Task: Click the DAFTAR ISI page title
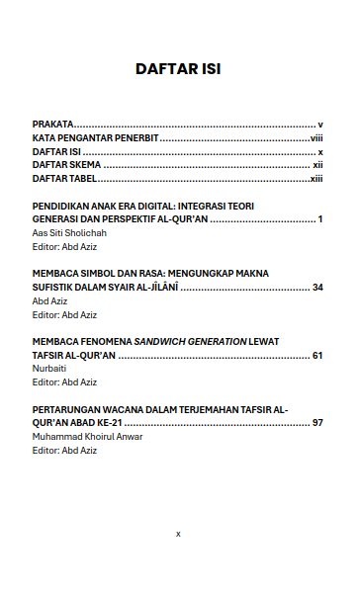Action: click(x=178, y=70)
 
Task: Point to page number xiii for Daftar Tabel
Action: click(x=316, y=181)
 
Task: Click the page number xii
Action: click(x=318, y=167)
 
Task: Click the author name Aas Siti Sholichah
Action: click(x=69, y=232)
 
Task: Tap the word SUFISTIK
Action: click(x=57, y=287)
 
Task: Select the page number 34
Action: click(x=317, y=287)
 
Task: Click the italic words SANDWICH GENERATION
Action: click(x=192, y=341)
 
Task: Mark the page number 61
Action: click(x=317, y=355)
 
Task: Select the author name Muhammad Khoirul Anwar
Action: click(x=87, y=436)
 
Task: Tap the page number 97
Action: click(x=317, y=423)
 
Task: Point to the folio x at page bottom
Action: click(x=178, y=533)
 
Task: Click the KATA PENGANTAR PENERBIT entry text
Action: click(x=94, y=139)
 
